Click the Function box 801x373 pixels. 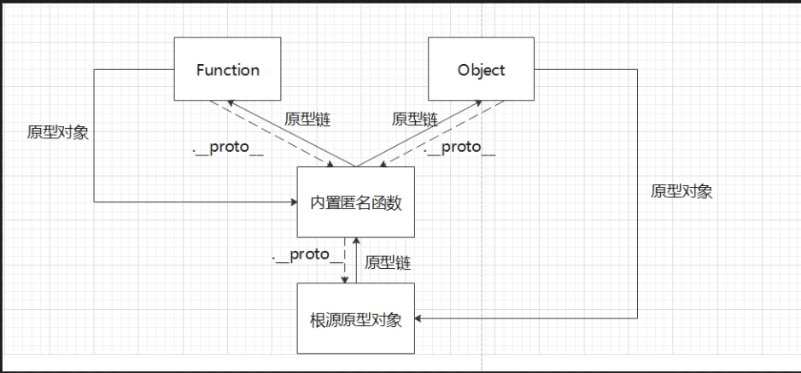[x=228, y=69]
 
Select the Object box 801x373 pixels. [x=482, y=69]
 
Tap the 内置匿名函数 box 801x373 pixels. [x=355, y=202]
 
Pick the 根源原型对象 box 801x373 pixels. [x=355, y=319]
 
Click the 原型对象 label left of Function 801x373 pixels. [x=57, y=132]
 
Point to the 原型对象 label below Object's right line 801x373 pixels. [x=681, y=191]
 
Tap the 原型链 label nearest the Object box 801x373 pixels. [x=414, y=119]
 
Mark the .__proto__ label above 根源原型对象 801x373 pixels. [x=301, y=255]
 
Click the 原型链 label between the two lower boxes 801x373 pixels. [x=388, y=263]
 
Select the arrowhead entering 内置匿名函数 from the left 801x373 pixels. [x=291, y=202]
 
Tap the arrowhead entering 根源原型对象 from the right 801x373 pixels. [x=420, y=318]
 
